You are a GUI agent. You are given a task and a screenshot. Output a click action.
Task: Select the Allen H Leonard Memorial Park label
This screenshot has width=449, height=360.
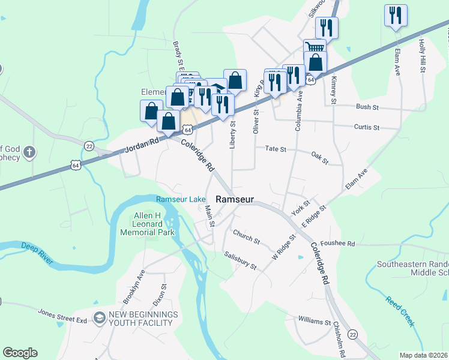147,224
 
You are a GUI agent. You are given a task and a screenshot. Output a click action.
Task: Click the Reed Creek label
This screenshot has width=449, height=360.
400,311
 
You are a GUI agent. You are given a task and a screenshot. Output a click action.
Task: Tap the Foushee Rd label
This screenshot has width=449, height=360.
354,244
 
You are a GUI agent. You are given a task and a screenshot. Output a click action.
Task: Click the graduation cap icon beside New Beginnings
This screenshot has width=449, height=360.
100,317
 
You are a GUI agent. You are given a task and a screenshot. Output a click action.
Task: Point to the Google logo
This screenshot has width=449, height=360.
20,353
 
